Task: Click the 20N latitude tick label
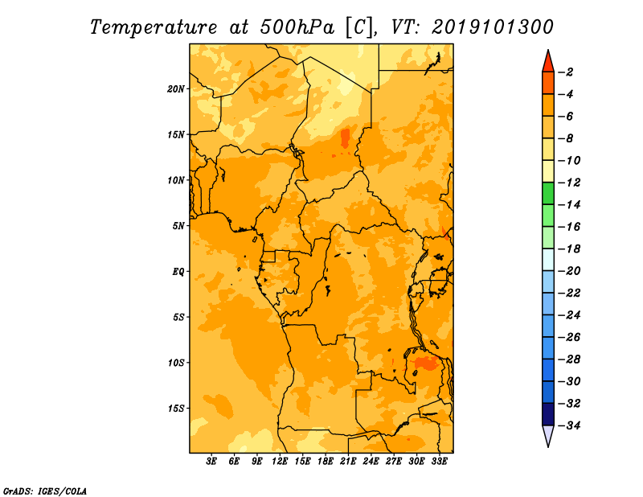pyautogui.click(x=175, y=89)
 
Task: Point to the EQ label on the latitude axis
pyautogui.click(x=178, y=272)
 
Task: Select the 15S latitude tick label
pyautogui.click(x=175, y=409)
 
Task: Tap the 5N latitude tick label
pyautogui.click(x=178, y=226)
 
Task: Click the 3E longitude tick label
pyautogui.click(x=211, y=462)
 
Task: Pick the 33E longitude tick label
pyautogui.click(x=439, y=462)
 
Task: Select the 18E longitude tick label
pyautogui.click(x=326, y=462)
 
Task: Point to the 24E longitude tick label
pyautogui.click(x=371, y=462)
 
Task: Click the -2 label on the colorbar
pyautogui.click(x=566, y=72)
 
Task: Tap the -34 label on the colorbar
pyautogui.click(x=569, y=425)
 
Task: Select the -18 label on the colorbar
pyautogui.click(x=569, y=249)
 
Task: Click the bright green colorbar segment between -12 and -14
pyautogui.click(x=548, y=194)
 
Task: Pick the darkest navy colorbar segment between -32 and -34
pyautogui.click(x=548, y=414)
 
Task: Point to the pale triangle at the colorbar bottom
pyautogui.click(x=548, y=435)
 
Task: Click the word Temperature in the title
pyautogui.click(x=154, y=27)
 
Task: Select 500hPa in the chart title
pyautogui.click(x=297, y=27)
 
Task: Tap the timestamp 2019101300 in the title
pyautogui.click(x=493, y=27)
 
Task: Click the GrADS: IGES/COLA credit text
pyautogui.click(x=45, y=491)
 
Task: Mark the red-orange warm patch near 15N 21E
pyautogui.click(x=346, y=138)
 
